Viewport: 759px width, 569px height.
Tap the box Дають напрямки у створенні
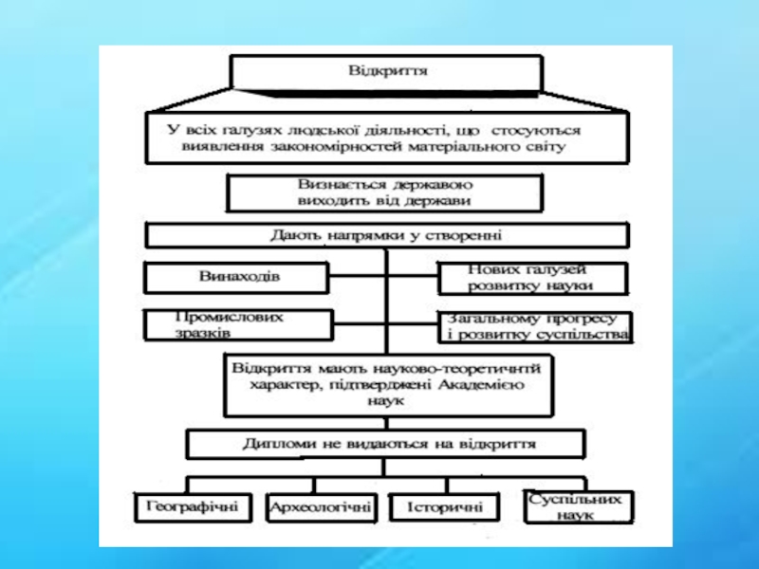point(385,235)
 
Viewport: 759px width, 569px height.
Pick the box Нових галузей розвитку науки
point(532,278)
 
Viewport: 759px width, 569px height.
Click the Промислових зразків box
point(237,325)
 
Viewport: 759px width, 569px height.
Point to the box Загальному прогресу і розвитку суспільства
point(534,326)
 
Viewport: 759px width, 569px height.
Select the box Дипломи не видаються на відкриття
point(385,443)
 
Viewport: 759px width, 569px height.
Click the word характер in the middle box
point(279,385)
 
